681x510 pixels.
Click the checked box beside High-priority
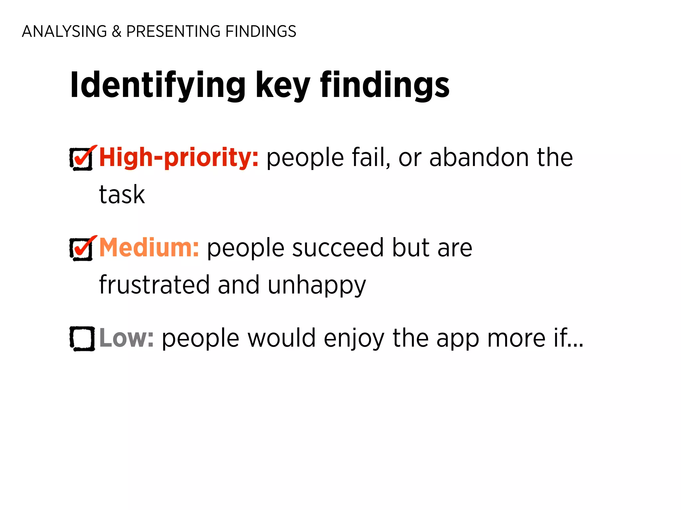[82, 159]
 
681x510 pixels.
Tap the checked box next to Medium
[82, 249]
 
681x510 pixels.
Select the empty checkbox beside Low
[82, 338]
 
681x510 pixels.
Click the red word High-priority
[179, 158]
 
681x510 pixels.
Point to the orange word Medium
[149, 248]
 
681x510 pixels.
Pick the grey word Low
[126, 338]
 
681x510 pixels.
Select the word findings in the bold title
[385, 86]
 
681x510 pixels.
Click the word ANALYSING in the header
[65, 32]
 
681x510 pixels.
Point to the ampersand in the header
[116, 32]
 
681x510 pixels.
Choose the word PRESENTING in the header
[173, 32]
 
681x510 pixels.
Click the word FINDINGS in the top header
[261, 32]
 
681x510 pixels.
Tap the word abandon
[479, 158]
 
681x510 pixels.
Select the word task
[122, 195]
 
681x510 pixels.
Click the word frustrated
[154, 285]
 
